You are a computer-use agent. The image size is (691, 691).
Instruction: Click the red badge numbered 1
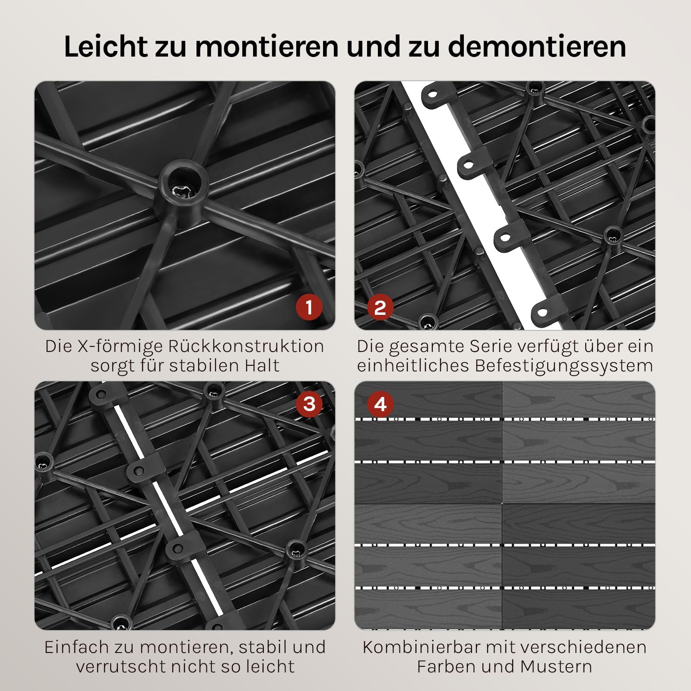[x=309, y=307]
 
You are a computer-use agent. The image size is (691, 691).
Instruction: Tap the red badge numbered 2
[x=380, y=307]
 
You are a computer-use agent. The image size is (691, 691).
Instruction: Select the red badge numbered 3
[x=309, y=404]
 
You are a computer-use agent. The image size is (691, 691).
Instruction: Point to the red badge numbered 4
[x=380, y=404]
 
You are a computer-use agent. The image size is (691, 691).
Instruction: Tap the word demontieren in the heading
[x=537, y=46]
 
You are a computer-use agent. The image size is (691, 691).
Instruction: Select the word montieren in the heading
[x=266, y=46]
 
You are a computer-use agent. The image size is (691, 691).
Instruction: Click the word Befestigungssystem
[x=564, y=366]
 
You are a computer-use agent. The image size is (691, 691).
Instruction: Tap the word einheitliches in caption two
[x=413, y=365]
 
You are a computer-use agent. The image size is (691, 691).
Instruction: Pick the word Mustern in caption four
[x=556, y=666]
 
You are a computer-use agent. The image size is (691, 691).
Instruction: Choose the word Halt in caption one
[x=262, y=365]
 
